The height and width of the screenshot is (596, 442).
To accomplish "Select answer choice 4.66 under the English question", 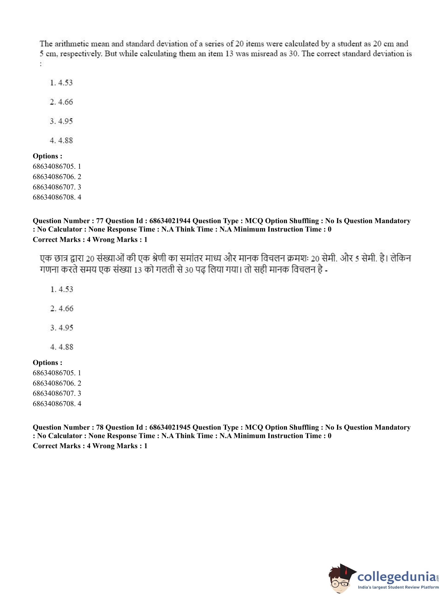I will tap(62, 102).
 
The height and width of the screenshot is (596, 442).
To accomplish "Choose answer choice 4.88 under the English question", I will tap(62, 140).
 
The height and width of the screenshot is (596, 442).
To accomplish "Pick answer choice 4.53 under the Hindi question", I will tap(62, 289).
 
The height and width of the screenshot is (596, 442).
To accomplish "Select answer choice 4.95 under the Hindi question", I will tap(62, 328).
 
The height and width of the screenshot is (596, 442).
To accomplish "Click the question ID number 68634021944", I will tap(170, 221).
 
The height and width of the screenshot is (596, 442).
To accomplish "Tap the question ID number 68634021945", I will tap(170, 427).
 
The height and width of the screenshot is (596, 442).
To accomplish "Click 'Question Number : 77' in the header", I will tap(68, 221).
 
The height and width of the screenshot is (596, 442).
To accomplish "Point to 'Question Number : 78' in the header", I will tap(68, 427).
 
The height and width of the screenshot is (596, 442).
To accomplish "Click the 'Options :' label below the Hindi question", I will tap(47, 363).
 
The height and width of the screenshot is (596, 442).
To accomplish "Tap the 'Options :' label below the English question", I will tap(47, 156).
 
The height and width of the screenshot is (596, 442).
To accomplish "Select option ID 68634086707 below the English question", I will tap(57, 187).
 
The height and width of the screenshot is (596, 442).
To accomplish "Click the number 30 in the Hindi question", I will tap(189, 270).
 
